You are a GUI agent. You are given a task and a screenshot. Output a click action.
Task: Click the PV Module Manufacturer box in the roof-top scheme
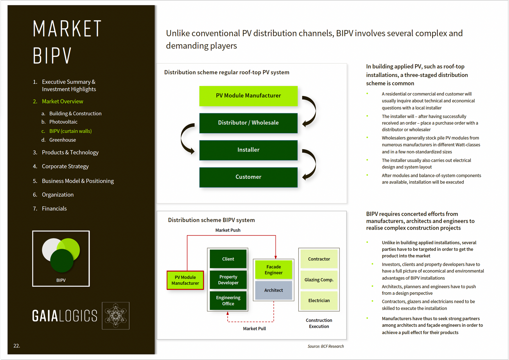[x=248, y=96]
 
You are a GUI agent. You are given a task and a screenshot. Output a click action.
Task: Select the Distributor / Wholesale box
[x=248, y=123]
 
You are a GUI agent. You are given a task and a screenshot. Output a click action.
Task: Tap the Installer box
[x=248, y=150]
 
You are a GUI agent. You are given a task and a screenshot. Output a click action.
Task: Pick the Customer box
[x=248, y=177]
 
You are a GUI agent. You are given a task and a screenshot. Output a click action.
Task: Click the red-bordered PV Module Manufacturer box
[x=185, y=280]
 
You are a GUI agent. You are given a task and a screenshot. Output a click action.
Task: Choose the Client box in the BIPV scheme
[x=228, y=259]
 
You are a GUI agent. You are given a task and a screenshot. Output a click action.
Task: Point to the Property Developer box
[x=228, y=280]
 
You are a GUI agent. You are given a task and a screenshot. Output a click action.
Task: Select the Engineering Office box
[x=228, y=301]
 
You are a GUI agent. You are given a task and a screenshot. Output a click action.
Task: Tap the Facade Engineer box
[x=274, y=270]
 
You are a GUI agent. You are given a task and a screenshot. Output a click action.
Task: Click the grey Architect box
[x=274, y=290]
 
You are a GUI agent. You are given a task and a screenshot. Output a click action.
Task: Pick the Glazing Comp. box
[x=319, y=280]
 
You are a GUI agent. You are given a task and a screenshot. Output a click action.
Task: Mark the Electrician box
[x=319, y=301]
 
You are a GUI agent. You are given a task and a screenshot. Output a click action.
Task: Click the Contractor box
[x=319, y=259]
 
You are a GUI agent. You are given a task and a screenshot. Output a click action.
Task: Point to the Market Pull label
[x=254, y=328]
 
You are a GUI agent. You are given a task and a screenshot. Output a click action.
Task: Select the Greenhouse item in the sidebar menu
[x=63, y=140]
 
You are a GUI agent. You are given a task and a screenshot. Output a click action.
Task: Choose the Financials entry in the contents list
[x=54, y=209]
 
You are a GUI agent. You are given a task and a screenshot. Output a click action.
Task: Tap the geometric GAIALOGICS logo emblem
[x=116, y=316]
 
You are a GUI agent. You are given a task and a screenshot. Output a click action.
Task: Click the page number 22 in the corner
[x=17, y=346]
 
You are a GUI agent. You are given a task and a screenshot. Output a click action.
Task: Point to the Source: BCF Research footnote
[x=326, y=346]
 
